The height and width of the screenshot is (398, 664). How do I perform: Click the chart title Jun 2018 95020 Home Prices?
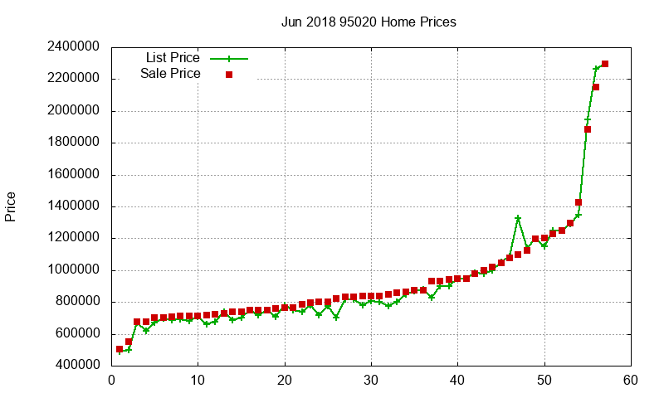tap(369, 22)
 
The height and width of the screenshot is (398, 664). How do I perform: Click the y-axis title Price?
tap(11, 206)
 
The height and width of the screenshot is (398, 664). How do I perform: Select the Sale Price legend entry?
tap(170, 74)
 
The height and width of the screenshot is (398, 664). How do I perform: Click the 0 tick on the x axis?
tap(112, 381)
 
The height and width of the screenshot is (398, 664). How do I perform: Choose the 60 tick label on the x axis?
tap(631, 381)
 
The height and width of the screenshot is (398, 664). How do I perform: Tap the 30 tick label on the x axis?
tap(372, 381)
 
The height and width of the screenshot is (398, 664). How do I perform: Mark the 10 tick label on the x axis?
tap(198, 381)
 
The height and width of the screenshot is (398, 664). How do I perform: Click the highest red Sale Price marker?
tap(605, 64)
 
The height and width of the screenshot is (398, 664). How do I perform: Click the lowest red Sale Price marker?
tap(120, 349)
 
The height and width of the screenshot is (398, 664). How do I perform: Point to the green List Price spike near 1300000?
tap(518, 218)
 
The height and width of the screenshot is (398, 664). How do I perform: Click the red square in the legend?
tap(229, 75)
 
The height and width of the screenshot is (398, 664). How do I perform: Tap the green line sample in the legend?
tap(229, 59)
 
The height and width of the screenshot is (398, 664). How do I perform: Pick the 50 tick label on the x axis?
tap(544, 381)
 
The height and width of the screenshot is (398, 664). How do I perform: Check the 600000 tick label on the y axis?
tap(75, 334)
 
